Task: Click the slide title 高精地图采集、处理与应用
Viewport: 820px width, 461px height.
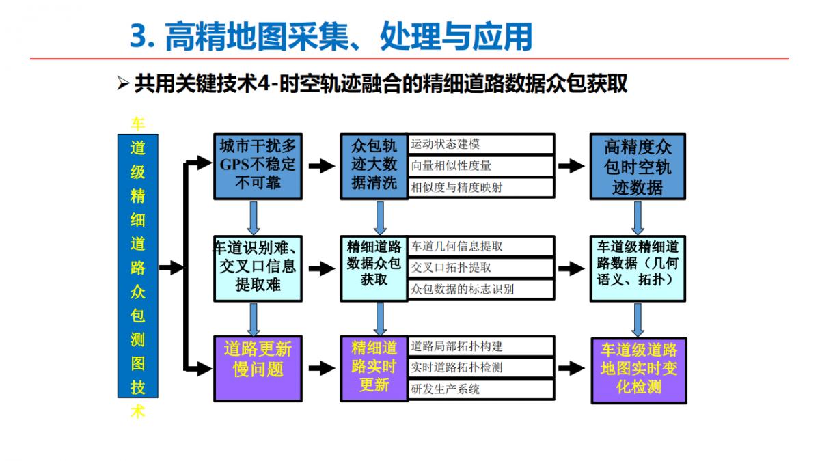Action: point(331,36)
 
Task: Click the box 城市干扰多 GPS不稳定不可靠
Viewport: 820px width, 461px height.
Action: point(258,165)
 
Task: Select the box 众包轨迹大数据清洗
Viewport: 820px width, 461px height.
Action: point(374,165)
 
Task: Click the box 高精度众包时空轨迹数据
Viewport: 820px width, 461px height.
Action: point(638,167)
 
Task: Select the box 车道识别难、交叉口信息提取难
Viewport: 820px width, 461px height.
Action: point(258,268)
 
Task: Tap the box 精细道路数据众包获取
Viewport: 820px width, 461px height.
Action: point(374,268)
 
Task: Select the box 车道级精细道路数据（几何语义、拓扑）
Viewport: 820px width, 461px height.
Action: point(638,268)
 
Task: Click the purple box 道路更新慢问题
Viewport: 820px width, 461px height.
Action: point(258,368)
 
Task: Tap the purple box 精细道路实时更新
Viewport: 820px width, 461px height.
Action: point(374,368)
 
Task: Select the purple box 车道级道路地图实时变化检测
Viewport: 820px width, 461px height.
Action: point(639,369)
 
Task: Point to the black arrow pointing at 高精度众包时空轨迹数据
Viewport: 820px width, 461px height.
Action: point(571,165)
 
